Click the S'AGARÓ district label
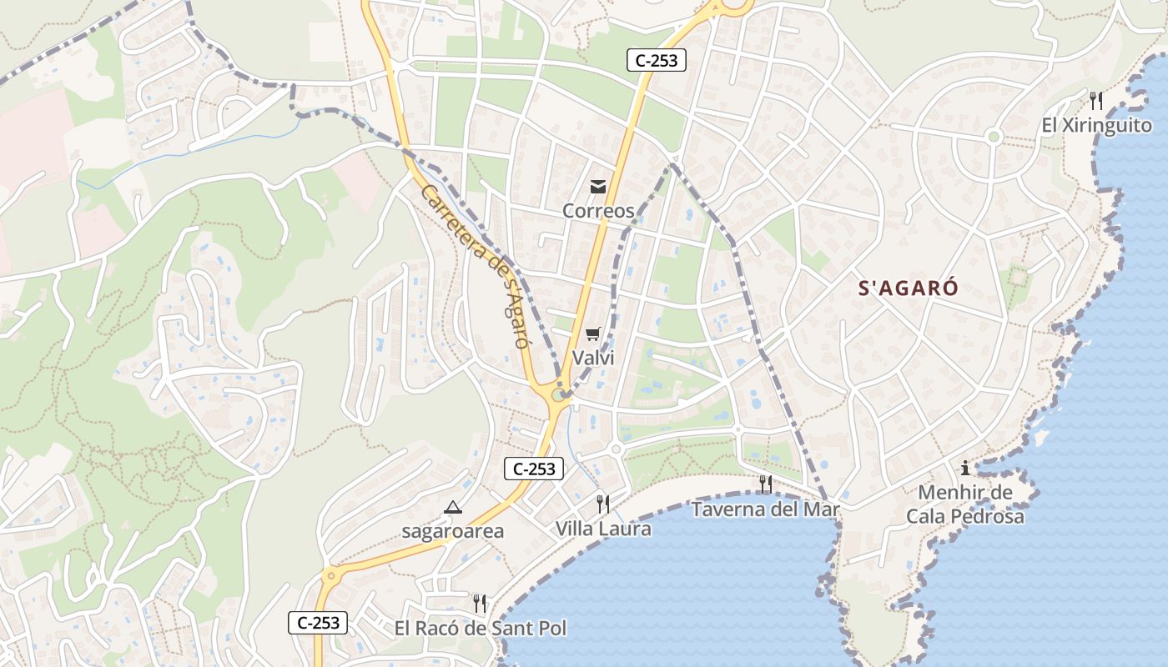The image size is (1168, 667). coord(909,289)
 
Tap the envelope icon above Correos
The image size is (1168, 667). coord(598,187)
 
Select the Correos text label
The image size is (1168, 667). coord(598,211)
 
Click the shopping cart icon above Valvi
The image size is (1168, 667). coord(593,334)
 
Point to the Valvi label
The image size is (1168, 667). coord(593,358)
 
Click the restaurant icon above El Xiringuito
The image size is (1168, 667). coord(1096,101)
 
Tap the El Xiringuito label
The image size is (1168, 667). coord(1096,126)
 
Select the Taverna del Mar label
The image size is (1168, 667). coord(765,509)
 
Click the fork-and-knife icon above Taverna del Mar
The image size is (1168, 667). coord(765,484)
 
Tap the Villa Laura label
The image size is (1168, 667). coord(603,529)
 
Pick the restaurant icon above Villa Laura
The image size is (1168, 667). coord(603,504)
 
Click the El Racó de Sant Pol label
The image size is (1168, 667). coord(481,629)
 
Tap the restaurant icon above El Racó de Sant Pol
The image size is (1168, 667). coord(480,603)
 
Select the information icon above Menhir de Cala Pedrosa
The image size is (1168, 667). coord(965,468)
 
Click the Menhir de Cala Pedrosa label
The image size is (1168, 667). coord(965,504)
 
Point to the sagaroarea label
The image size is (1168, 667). coord(453,531)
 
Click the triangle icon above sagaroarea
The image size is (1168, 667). coord(453,507)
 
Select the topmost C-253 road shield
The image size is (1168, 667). coord(657,60)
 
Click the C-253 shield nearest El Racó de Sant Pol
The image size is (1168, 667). coord(318,622)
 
